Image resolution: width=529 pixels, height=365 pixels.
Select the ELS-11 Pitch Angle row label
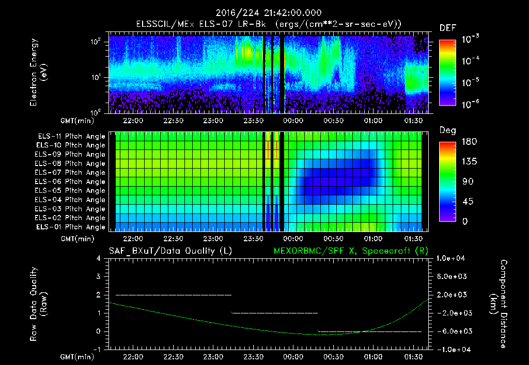point(70,137)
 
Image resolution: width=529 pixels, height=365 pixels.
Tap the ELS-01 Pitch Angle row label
point(70,227)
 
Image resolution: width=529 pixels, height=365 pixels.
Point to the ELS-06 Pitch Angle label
point(70,181)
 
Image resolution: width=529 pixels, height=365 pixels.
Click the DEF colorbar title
point(447,28)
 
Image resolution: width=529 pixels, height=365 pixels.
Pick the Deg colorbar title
point(447,130)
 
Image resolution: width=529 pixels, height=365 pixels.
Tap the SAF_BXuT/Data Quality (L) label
point(170,251)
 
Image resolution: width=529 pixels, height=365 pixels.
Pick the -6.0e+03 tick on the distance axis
point(453,331)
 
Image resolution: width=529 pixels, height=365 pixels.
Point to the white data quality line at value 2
point(173,295)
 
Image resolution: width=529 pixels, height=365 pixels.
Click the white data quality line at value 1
point(274,313)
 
